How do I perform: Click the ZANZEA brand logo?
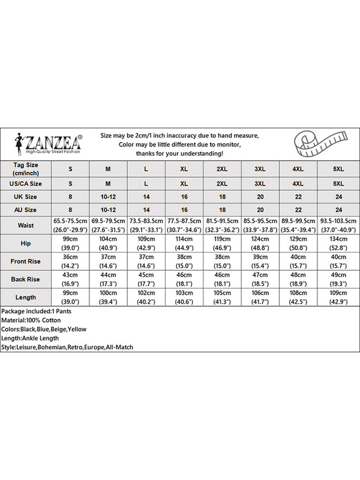(x=51, y=144)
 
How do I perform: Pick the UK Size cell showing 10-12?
(x=108, y=197)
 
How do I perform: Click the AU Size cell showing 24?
(x=338, y=209)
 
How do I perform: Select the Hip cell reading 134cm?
(x=338, y=244)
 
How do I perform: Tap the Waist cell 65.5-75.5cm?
(x=70, y=226)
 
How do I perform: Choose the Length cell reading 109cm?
(x=338, y=298)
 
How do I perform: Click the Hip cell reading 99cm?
(x=70, y=244)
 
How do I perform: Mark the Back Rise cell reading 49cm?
(x=338, y=280)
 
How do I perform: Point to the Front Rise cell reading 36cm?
(x=70, y=262)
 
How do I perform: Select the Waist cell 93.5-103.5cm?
(x=338, y=226)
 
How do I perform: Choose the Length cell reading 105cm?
(x=221, y=298)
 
